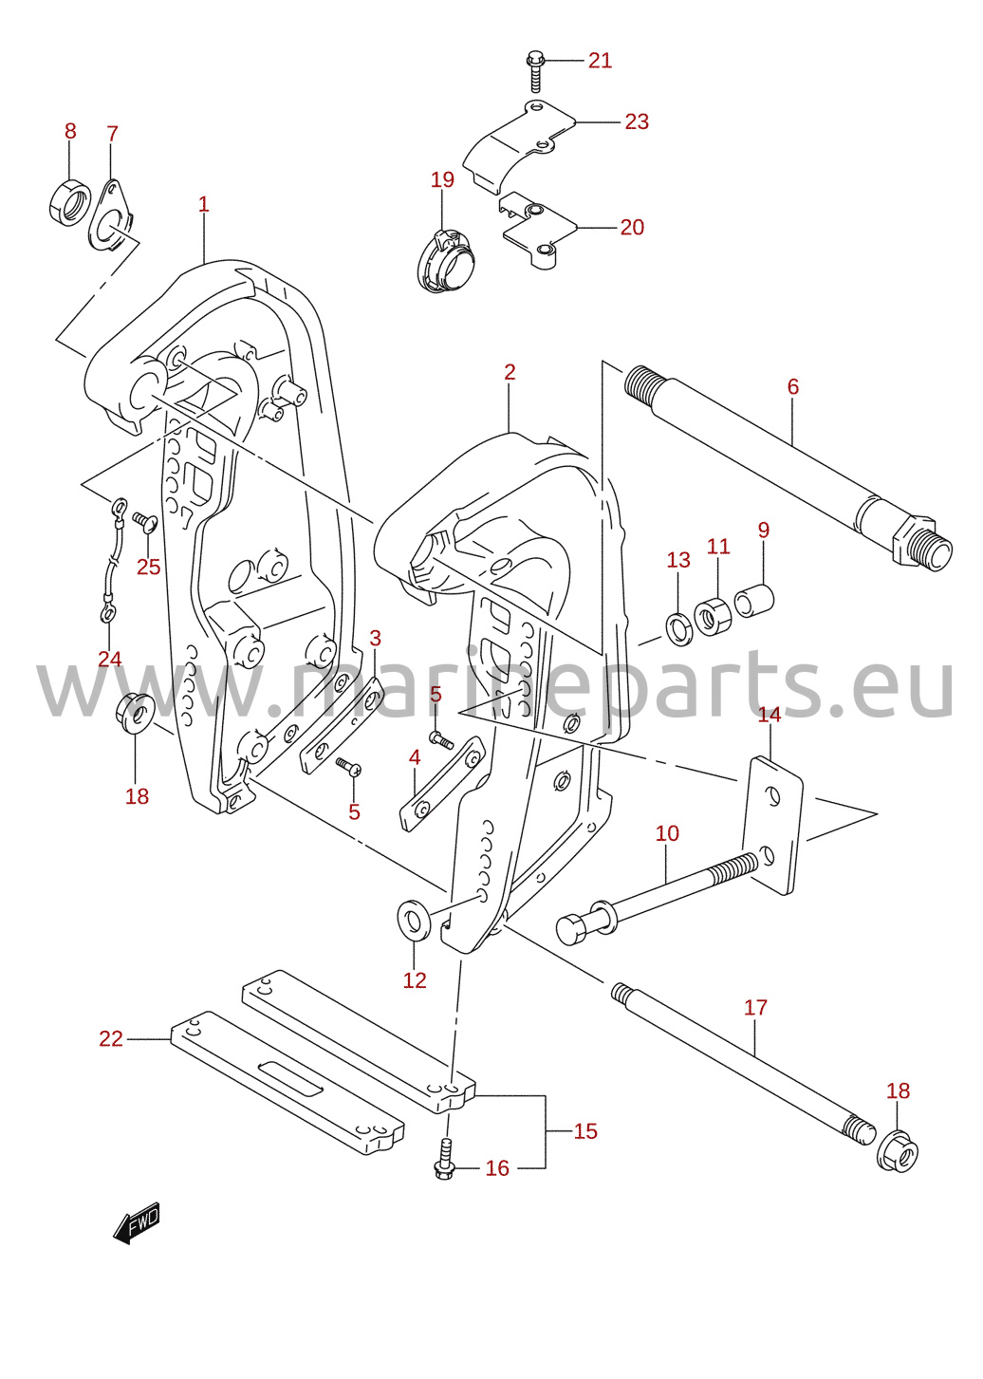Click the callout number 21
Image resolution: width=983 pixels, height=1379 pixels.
[x=600, y=61]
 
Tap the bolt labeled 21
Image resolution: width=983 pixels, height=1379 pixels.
[x=535, y=71]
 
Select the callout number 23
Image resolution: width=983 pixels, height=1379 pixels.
[x=637, y=121]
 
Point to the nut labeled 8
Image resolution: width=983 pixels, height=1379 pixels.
[x=69, y=202]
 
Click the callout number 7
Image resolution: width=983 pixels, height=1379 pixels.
[x=112, y=134]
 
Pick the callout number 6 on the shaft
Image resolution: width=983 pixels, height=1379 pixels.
[x=793, y=386]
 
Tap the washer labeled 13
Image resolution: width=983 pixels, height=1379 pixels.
[x=679, y=628]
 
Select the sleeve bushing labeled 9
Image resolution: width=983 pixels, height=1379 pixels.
[x=754, y=601]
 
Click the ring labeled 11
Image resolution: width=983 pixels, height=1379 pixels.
[x=713, y=616]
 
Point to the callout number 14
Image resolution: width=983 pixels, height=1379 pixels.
[x=769, y=715]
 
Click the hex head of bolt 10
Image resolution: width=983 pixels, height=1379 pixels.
[x=572, y=931]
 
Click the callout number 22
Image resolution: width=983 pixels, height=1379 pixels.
[x=111, y=1038]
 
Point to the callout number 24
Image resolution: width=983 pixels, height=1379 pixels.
[x=109, y=659]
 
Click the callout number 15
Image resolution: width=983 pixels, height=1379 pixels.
[x=585, y=1131]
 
